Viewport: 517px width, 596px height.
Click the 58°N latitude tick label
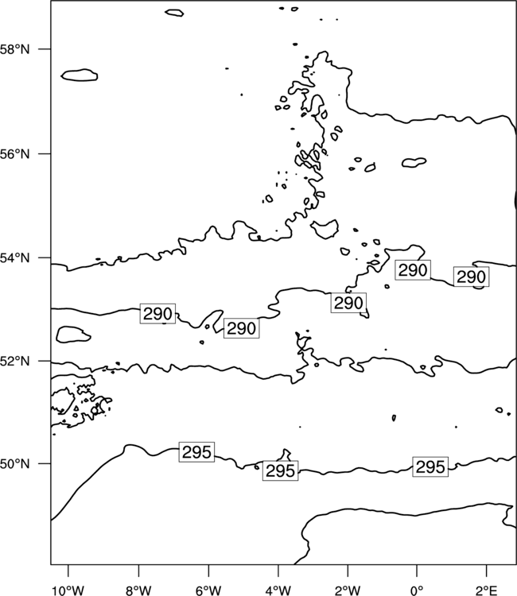tap(14, 49)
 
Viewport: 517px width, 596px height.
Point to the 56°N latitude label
tap(14, 154)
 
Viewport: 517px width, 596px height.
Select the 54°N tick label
tap(14, 258)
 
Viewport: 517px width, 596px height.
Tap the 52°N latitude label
tap(14, 361)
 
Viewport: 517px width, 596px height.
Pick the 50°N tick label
tap(14, 464)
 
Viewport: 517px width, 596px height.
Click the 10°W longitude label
tap(68, 590)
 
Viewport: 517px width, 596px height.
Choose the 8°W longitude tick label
tap(139, 590)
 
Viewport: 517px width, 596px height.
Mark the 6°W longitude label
tap(208, 590)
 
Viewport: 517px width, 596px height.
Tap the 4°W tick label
tap(278, 590)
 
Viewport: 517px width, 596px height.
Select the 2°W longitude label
tap(348, 590)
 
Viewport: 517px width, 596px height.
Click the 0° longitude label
tap(417, 590)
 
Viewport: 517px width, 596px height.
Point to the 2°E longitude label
tap(487, 590)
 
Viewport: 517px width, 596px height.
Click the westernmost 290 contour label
tap(157, 314)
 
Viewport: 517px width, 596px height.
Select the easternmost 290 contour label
tap(472, 277)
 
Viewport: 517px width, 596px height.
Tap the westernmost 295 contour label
tap(196, 452)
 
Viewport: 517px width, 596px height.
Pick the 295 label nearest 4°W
tap(281, 470)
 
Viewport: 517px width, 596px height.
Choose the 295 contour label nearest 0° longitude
tap(430, 466)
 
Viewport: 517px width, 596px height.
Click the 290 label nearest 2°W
tap(348, 303)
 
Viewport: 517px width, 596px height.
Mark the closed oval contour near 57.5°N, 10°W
tap(61, 75)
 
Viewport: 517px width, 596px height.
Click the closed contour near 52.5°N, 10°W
tap(56, 335)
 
